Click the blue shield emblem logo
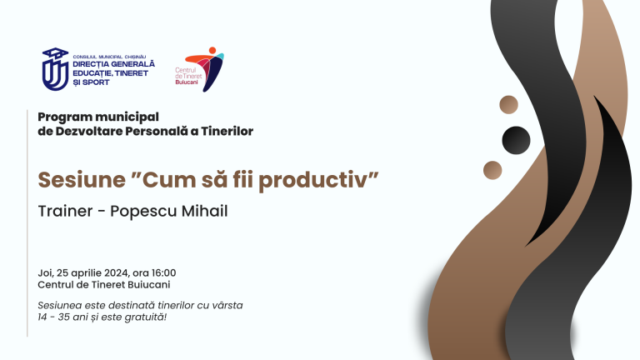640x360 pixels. click(56, 68)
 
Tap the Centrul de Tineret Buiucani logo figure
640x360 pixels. click(212, 68)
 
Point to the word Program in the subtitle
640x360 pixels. click(64, 116)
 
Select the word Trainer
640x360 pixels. click(66, 211)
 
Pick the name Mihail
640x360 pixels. click(202, 211)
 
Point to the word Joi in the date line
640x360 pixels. click(46, 272)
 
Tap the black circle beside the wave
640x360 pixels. click(516, 138)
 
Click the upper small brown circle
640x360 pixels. click(508, 104)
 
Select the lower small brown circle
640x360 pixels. click(492, 170)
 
